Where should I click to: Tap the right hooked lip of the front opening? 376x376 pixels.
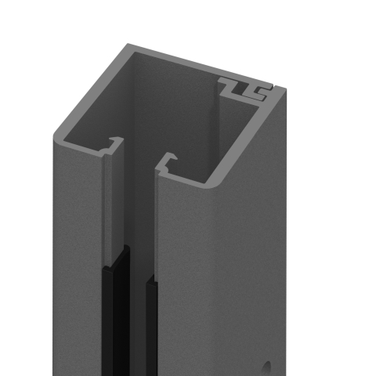[x=165, y=162]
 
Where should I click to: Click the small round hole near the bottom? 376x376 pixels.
[x=267, y=365]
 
